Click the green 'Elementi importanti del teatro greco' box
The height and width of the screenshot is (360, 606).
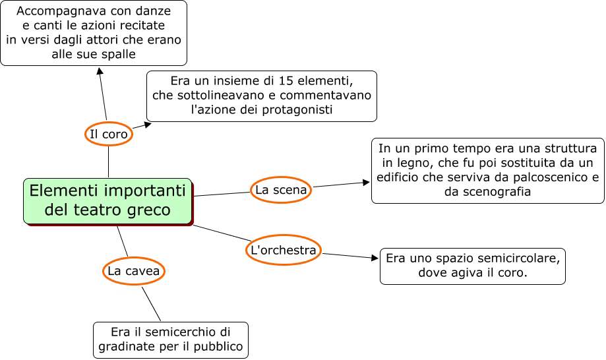pos(107,201)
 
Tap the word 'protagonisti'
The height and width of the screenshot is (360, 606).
pos(297,109)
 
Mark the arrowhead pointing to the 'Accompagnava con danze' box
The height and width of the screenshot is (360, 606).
pos(100,71)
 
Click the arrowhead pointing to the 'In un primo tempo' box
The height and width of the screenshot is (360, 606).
pos(366,183)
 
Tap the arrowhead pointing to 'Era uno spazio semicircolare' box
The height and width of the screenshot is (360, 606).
pos(375,258)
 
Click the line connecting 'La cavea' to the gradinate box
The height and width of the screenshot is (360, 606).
pos(151,304)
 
